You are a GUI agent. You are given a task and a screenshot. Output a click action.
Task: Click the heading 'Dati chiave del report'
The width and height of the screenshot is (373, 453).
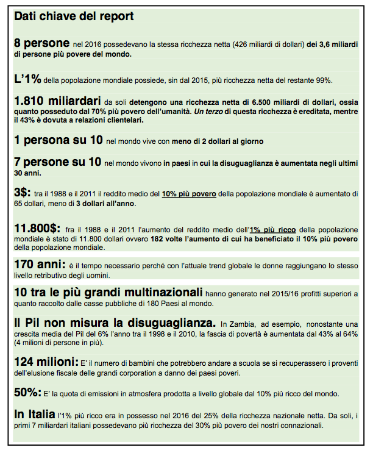[x=74, y=16]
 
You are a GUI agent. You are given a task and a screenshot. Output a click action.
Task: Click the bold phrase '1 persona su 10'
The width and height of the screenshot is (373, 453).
[x=58, y=140]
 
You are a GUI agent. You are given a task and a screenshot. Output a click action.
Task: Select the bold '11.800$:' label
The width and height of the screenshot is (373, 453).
[x=40, y=228]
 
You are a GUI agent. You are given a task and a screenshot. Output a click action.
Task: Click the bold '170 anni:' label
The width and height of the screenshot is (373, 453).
[x=40, y=265]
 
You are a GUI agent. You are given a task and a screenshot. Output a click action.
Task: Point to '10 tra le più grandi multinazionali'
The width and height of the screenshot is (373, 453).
[x=108, y=293]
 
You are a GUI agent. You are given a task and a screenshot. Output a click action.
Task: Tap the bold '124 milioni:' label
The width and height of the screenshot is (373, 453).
[x=46, y=362]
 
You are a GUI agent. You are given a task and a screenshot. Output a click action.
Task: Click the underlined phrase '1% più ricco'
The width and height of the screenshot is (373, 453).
[x=273, y=230]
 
